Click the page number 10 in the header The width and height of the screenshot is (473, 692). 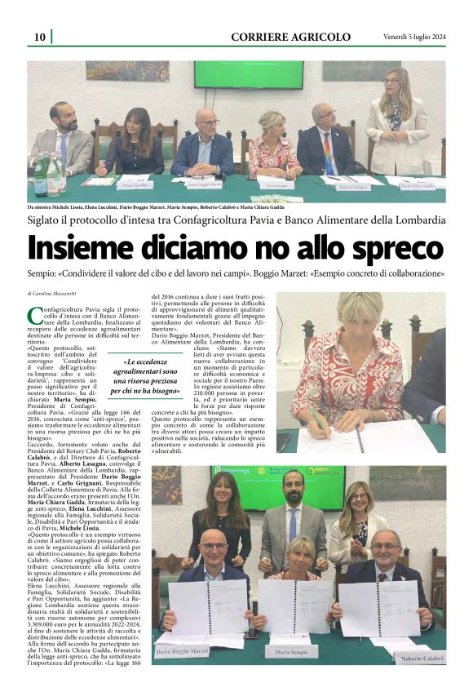click(38, 37)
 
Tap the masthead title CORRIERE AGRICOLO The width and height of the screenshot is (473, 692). click(290, 37)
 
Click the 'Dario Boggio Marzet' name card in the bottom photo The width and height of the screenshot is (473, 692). click(182, 650)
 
